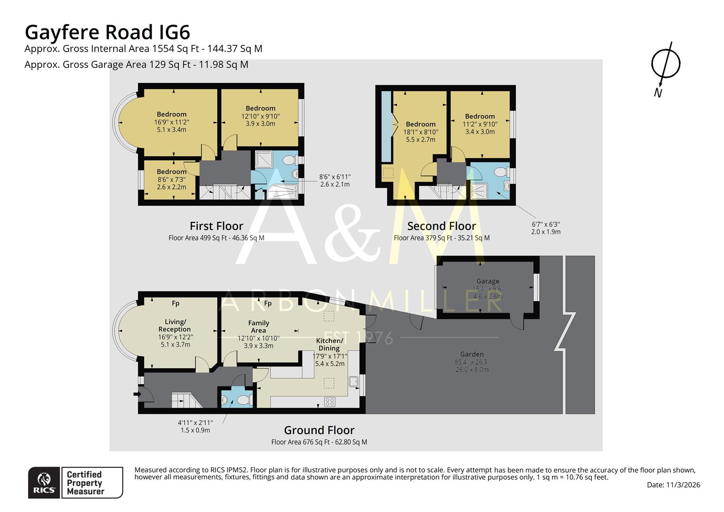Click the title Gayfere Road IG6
coord(107,32)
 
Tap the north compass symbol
coord(665,64)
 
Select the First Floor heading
coord(216,226)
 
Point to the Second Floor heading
coord(441,226)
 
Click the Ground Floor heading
coord(319,430)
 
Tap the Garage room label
coord(488,281)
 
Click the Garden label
coord(472,354)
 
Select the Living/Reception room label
coord(175,325)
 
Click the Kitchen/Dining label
coord(329,344)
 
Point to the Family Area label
coord(258,327)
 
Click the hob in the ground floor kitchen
coord(330,402)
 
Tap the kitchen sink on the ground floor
coord(353,382)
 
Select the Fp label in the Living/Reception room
coord(175,303)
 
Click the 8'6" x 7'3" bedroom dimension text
coord(172,180)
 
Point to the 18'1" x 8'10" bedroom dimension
coord(420,132)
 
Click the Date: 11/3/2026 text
coord(673,485)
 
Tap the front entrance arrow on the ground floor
coord(137,393)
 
